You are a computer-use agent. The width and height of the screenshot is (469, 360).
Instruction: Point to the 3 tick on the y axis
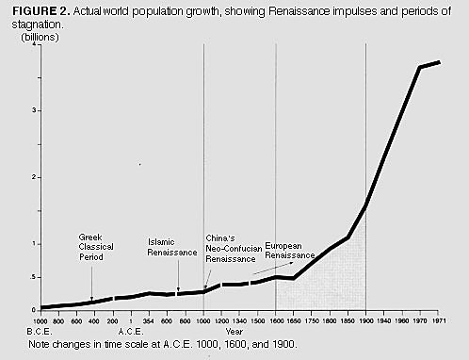click(x=34, y=110)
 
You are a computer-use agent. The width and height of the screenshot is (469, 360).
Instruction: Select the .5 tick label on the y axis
click(x=33, y=277)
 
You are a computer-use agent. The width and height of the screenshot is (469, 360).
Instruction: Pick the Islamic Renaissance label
click(x=172, y=247)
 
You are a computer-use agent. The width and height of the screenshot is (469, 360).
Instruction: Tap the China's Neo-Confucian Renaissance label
click(x=231, y=247)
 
